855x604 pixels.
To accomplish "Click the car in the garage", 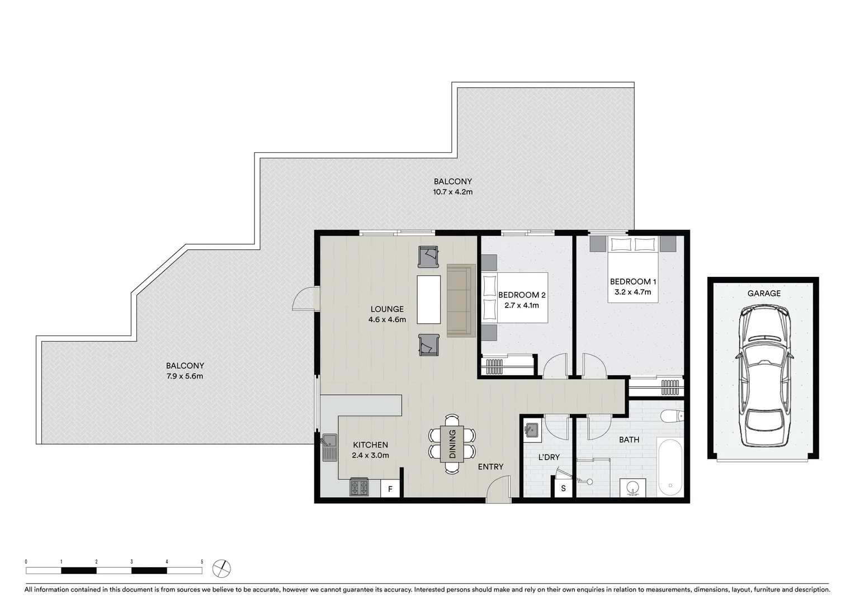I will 764,376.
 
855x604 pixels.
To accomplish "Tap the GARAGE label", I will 764,293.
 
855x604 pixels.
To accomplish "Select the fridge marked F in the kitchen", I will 390,489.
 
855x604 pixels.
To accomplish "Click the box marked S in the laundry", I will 563,488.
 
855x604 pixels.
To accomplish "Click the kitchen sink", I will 329,447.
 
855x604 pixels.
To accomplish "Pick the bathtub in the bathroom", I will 670,468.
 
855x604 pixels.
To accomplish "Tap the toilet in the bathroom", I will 672,416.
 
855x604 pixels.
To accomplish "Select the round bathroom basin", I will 633,488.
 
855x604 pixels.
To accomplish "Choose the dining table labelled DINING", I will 452,443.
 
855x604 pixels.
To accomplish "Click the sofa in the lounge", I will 461,301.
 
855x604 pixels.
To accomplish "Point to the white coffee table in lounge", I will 428,299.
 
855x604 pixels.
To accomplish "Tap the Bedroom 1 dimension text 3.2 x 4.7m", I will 630,292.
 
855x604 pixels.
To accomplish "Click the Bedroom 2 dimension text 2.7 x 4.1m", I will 521,305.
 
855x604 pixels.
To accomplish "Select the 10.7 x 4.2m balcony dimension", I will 452,192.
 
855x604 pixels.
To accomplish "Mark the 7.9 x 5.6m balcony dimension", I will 185,376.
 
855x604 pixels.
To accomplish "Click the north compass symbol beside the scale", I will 222,568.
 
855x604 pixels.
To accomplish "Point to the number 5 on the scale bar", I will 202,561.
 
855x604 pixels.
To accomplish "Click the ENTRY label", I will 490,466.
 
